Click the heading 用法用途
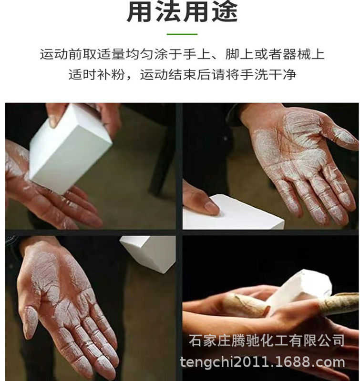click(182, 13)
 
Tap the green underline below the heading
click(182, 34)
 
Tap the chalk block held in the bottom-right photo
click(300, 291)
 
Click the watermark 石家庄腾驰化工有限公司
click(267, 341)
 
